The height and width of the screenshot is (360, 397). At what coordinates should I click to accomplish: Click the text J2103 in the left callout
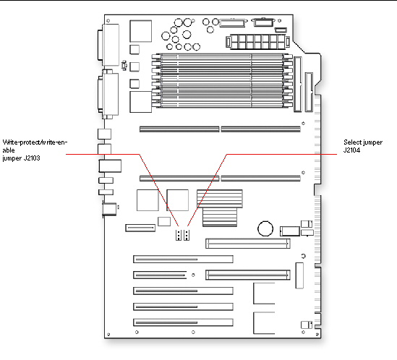[32, 158]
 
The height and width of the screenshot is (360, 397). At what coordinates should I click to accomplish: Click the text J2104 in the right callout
[351, 150]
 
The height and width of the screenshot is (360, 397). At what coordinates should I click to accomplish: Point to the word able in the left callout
[9, 150]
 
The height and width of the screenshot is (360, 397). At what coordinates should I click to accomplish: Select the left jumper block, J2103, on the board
[179, 235]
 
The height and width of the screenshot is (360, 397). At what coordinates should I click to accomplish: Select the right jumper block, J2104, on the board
[187, 235]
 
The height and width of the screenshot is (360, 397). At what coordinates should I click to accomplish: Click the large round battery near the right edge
[265, 228]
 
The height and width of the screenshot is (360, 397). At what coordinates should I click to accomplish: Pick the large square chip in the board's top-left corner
[141, 31]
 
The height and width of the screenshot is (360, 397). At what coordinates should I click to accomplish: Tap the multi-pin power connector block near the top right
[257, 42]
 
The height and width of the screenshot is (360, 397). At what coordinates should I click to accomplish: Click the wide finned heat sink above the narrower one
[220, 199]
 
